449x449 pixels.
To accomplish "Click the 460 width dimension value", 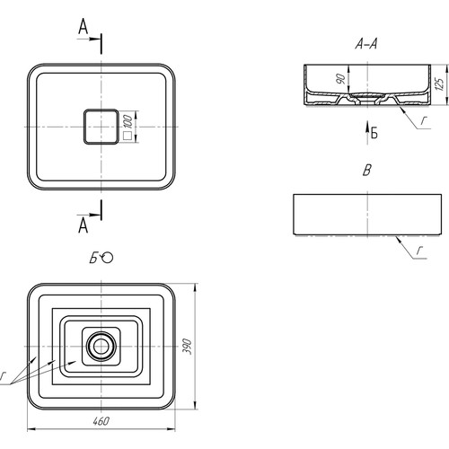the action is (101, 421).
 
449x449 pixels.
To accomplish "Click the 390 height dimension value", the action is (187, 347).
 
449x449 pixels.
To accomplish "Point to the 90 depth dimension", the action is (340, 78).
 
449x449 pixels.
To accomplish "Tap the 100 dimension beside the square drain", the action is (128, 120).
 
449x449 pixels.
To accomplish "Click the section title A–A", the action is (366, 44).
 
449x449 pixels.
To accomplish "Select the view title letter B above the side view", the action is (367, 171).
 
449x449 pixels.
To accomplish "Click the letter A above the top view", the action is (84, 26).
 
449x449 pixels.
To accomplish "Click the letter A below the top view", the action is (84, 225).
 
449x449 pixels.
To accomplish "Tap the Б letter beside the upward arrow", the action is (374, 133).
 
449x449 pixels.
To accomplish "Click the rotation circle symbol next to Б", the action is (107, 258).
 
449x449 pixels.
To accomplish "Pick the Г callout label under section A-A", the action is (423, 120).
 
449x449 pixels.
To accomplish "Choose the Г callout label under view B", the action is (420, 251).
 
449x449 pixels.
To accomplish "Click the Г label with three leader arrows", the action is (3, 376).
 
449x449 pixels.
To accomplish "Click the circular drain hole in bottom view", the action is (101, 347).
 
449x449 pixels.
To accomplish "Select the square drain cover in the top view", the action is (101, 127).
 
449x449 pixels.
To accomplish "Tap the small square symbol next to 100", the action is (128, 136).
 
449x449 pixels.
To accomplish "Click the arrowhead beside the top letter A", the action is (94, 39).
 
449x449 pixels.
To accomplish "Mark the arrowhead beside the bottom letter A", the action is (94, 215).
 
